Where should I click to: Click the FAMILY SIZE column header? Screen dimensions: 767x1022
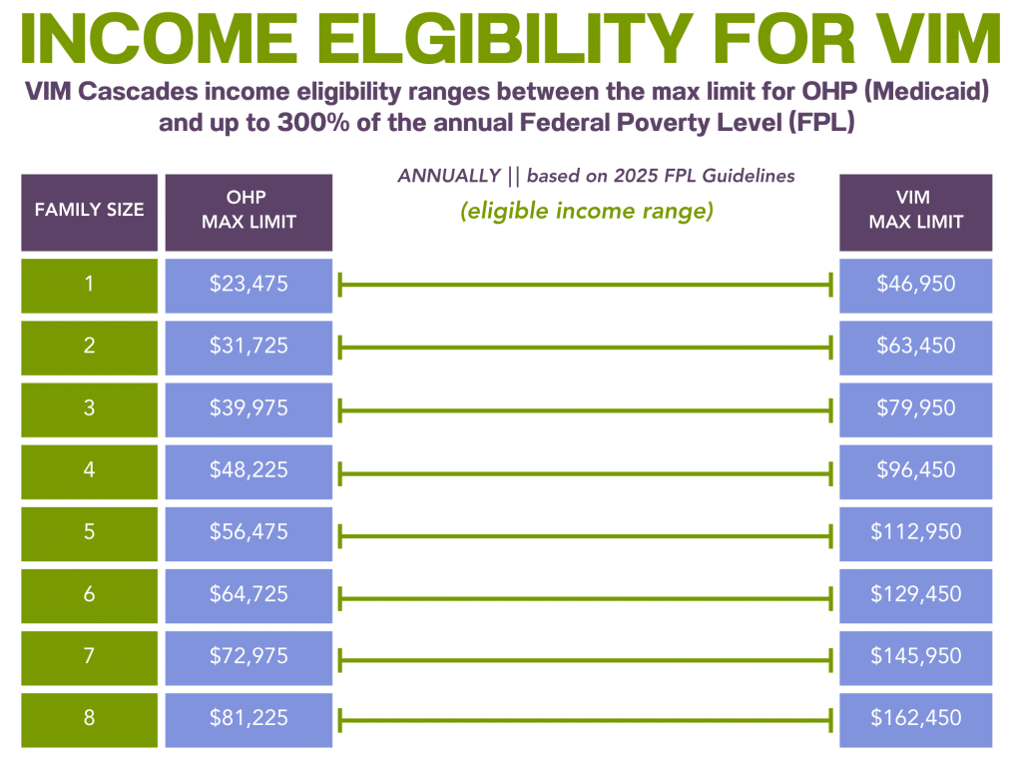tap(90, 211)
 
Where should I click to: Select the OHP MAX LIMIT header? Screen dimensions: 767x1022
tap(248, 211)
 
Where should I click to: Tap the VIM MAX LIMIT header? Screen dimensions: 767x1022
tap(915, 211)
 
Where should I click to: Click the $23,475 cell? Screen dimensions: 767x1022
tap(248, 285)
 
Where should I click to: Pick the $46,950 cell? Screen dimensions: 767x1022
tap(915, 285)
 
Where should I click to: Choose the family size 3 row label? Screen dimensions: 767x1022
tap(90, 408)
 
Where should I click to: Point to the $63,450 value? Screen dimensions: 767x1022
tap(915, 347)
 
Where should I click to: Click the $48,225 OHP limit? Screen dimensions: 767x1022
tap(248, 470)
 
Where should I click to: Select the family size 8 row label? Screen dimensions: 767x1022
tap(90, 718)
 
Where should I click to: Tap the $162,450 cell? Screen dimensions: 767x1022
tap(915, 718)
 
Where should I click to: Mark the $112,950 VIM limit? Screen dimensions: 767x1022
tap(915, 532)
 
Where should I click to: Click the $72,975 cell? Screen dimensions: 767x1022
tap(248, 656)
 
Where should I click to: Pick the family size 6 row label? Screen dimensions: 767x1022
tap(90, 594)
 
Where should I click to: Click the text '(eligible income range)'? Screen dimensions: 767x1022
tap(586, 213)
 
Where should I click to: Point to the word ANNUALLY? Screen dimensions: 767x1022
tap(448, 176)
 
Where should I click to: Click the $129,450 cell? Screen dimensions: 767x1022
tap(915, 594)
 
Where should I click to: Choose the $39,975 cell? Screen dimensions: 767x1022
tap(248, 408)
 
